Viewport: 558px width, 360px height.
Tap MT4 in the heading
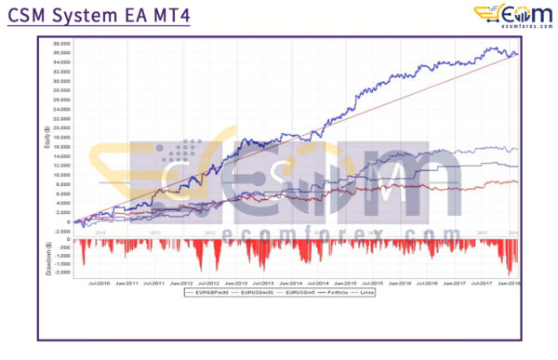[166, 16]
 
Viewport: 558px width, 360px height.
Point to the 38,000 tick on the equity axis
[62, 43]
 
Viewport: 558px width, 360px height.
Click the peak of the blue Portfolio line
[492, 47]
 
